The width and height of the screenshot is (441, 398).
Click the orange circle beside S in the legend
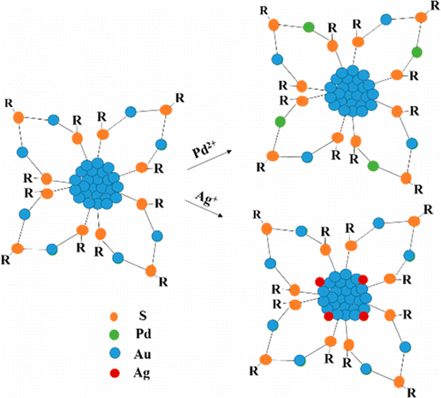114,317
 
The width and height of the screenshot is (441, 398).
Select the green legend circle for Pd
114,334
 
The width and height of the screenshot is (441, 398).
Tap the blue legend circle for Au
115,353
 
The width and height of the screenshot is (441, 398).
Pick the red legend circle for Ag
115,373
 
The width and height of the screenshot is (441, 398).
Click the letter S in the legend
143,316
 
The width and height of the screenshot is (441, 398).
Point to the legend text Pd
143,334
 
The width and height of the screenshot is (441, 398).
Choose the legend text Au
143,354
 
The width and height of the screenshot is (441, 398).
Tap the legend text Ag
142,373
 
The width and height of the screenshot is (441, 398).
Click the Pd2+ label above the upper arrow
205,150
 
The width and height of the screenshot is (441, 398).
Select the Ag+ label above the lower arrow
206,199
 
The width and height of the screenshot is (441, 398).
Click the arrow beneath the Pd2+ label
210,161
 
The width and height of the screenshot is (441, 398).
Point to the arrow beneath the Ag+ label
203,208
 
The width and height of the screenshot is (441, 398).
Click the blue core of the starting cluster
96,184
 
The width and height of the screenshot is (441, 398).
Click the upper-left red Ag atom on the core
320,282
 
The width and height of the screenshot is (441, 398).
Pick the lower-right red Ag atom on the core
363,316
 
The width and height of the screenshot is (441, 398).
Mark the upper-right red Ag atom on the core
363,280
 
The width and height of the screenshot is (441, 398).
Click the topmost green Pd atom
309,27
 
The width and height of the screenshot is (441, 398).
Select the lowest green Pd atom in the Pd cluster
373,166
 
